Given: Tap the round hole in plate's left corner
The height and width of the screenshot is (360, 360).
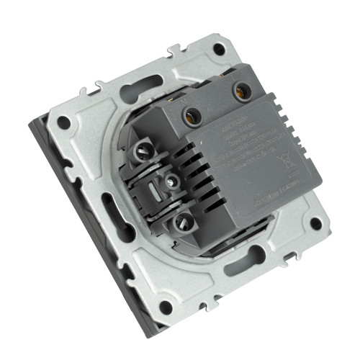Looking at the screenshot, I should (x=63, y=122).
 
